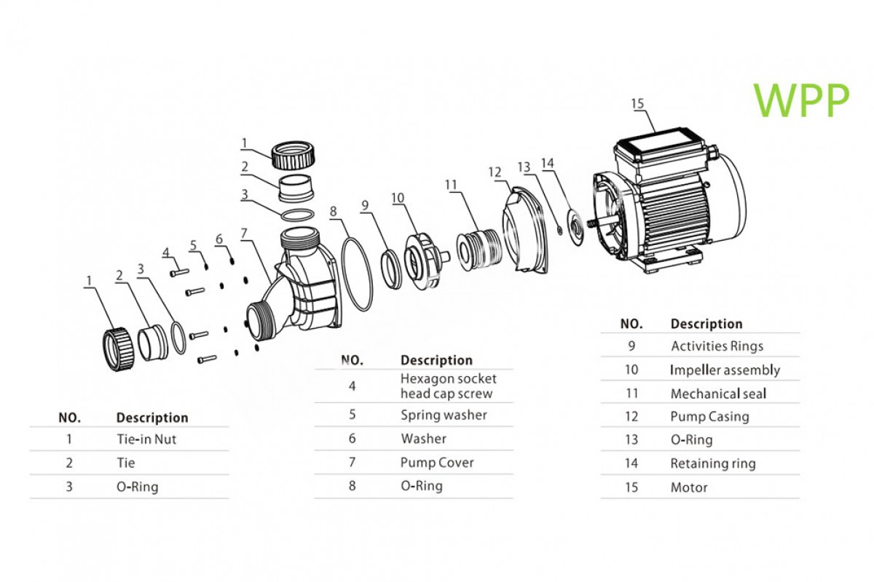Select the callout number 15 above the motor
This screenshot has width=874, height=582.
(637, 104)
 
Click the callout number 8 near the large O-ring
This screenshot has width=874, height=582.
(334, 212)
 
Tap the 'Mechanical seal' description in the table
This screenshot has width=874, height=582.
(718, 394)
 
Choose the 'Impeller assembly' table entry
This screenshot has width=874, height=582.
(725, 370)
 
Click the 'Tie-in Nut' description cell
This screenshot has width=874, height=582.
(146, 439)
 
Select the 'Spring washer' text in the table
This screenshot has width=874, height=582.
(444, 415)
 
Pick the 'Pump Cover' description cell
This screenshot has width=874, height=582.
(437, 463)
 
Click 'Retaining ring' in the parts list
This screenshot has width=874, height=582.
(713, 463)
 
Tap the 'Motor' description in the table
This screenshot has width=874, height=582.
(689, 487)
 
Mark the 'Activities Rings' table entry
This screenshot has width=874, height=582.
(717, 346)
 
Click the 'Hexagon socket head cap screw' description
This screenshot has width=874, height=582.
(448, 386)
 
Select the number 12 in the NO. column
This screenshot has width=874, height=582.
(631, 417)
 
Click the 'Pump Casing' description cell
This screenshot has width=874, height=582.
(709, 417)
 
